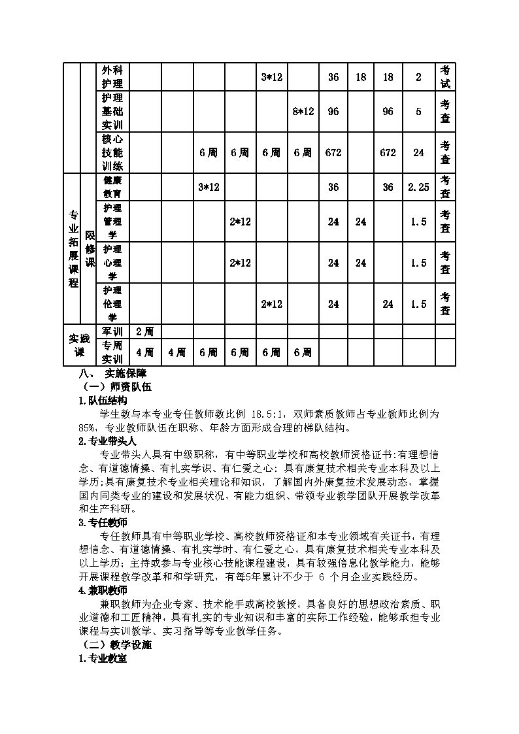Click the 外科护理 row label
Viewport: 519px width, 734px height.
(x=112, y=76)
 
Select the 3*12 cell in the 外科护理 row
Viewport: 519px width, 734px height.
(x=271, y=77)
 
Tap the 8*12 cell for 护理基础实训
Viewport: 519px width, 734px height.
(x=303, y=111)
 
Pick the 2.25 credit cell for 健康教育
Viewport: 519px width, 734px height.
(x=418, y=187)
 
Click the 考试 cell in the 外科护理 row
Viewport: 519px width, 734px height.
(x=444, y=76)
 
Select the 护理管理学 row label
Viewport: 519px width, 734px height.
(x=112, y=222)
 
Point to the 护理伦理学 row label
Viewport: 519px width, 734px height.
(x=112, y=304)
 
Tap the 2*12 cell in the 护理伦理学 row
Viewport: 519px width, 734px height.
(x=271, y=304)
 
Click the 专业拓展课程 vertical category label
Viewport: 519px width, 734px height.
(x=73, y=248)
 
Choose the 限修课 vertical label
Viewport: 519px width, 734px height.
(x=90, y=248)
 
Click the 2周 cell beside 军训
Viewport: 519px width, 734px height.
(x=144, y=331)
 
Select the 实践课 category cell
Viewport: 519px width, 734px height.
(x=79, y=345)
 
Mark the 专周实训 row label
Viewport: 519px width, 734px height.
(x=112, y=352)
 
